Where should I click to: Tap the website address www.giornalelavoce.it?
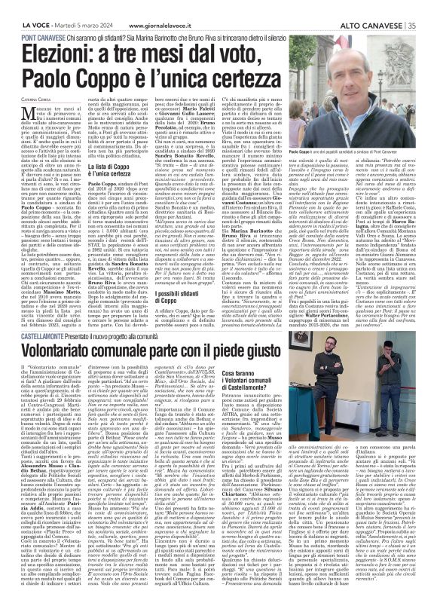(x=161, y=8)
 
